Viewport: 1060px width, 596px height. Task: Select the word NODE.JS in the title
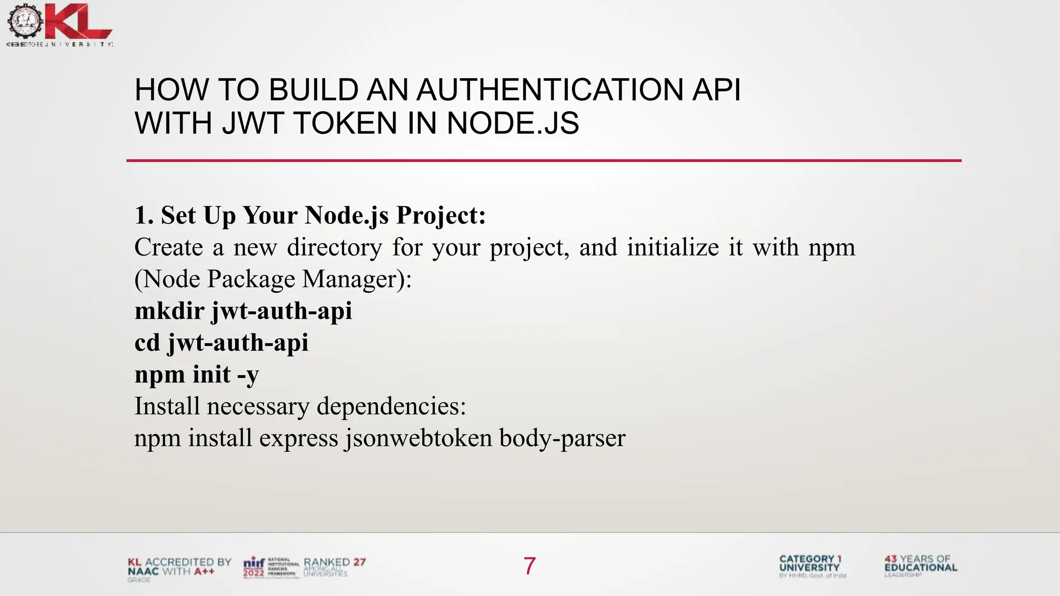pos(512,124)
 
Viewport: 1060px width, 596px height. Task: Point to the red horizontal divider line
pos(543,160)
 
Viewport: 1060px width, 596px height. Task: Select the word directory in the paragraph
pos(334,247)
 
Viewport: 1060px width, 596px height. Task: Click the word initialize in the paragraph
pos(673,247)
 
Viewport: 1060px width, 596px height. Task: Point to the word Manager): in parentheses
pos(357,279)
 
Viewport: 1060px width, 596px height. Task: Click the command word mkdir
pos(169,311)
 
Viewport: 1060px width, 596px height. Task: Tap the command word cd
pos(147,342)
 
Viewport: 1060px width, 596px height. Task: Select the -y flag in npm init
pos(248,375)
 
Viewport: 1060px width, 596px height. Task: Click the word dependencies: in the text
pos(391,406)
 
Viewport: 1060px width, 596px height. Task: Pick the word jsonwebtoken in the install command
pos(418,438)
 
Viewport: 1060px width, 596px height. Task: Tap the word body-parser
pos(563,438)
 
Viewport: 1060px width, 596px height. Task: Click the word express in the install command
pos(299,438)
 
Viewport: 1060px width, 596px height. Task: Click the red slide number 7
pos(529,566)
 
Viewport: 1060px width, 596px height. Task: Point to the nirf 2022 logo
pos(271,568)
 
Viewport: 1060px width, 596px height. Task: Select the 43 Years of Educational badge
pos(921,566)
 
